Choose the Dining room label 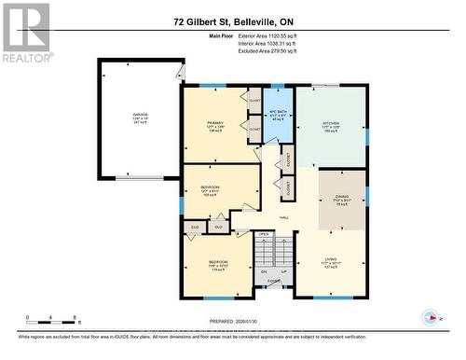point(341,201)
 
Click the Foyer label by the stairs point(274,280)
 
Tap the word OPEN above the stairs point(264,234)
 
